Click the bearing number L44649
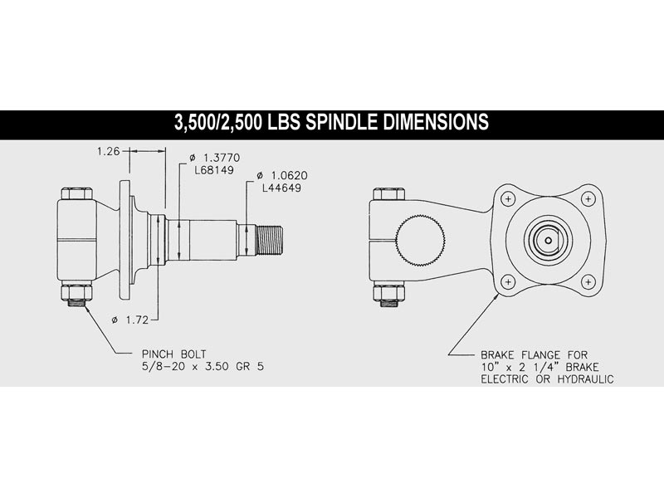pos(281,188)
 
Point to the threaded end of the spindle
pos(272,241)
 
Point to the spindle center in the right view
pos(548,238)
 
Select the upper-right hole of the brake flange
pos(588,198)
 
